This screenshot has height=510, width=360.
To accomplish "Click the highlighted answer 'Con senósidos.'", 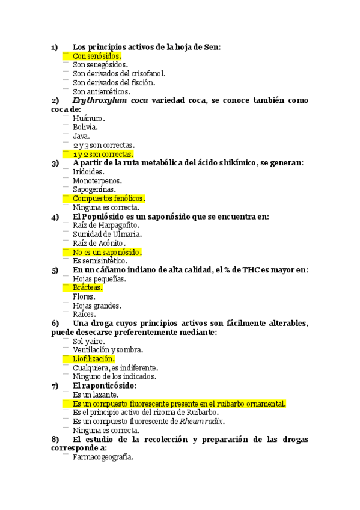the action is click(97, 56).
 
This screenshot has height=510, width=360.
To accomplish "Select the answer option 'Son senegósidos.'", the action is click(100, 65).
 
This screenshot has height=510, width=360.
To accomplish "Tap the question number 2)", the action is click(55, 100).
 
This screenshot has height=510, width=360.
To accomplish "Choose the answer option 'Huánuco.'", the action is click(88, 118).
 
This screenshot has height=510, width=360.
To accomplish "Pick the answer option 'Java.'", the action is click(81, 137).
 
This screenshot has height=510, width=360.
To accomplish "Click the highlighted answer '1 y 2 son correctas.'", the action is click(103, 155).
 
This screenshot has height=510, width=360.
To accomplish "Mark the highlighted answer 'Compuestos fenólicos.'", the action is click(109, 198).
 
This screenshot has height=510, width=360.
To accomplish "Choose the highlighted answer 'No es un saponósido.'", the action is click(107, 253).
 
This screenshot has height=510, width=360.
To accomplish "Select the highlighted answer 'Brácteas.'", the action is click(88, 288).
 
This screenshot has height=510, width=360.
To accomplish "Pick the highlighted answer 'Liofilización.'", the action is click(93, 359).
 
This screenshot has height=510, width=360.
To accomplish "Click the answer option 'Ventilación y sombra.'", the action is click(108, 350).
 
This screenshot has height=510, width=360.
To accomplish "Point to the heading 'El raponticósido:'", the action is click(104, 386).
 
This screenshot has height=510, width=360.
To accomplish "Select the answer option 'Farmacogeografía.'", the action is click(103, 457).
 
